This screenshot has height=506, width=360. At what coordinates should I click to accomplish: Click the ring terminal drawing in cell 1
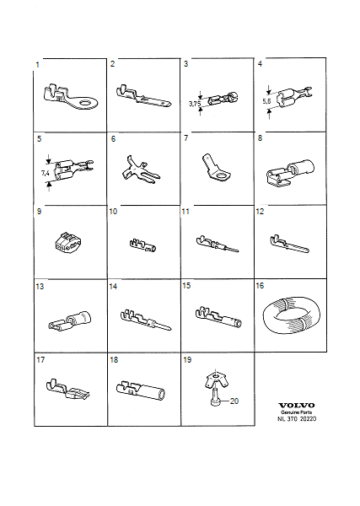tap(69, 97)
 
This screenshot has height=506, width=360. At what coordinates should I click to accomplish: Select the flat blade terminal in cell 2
tap(143, 96)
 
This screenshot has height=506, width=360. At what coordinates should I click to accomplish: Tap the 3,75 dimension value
tap(194, 104)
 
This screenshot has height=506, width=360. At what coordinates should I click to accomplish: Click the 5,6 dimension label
tap(266, 101)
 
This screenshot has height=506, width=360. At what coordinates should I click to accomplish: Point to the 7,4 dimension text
tap(46, 173)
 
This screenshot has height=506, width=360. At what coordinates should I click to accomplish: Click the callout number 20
tap(234, 401)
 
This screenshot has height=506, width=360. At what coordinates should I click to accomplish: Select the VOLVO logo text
tap(297, 406)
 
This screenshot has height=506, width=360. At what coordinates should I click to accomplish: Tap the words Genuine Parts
tap(297, 412)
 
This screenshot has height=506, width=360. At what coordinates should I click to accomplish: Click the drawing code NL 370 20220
tap(297, 418)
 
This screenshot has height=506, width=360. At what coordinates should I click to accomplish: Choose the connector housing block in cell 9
tap(68, 241)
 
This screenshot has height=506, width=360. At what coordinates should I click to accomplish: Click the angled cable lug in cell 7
tap(216, 167)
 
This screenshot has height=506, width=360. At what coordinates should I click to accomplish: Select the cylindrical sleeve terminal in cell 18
tap(141, 390)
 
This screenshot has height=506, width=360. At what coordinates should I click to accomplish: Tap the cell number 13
tap(40, 287)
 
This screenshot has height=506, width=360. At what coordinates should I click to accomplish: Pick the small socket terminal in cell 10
tap(142, 245)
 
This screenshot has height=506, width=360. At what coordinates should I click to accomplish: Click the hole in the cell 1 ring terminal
tap(87, 103)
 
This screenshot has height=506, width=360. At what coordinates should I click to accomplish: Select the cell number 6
tap(113, 139)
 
